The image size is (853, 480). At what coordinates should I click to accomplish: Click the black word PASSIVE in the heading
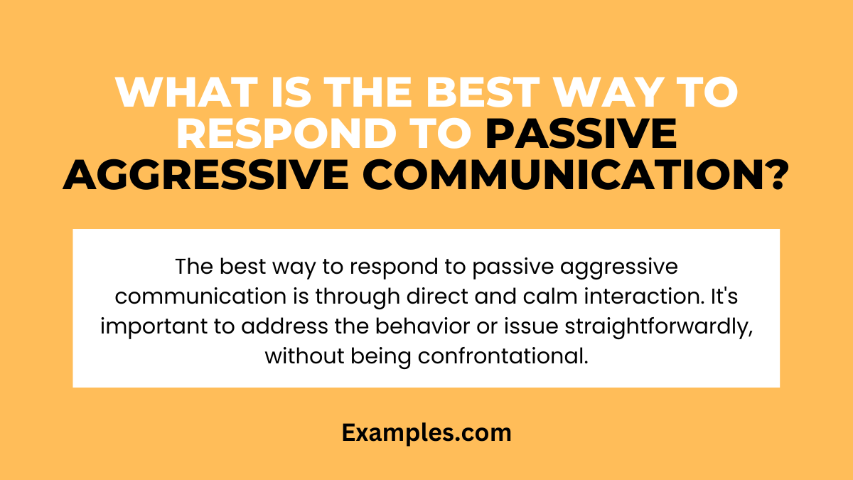click(x=581, y=135)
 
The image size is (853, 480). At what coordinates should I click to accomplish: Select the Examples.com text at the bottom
click(x=426, y=432)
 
